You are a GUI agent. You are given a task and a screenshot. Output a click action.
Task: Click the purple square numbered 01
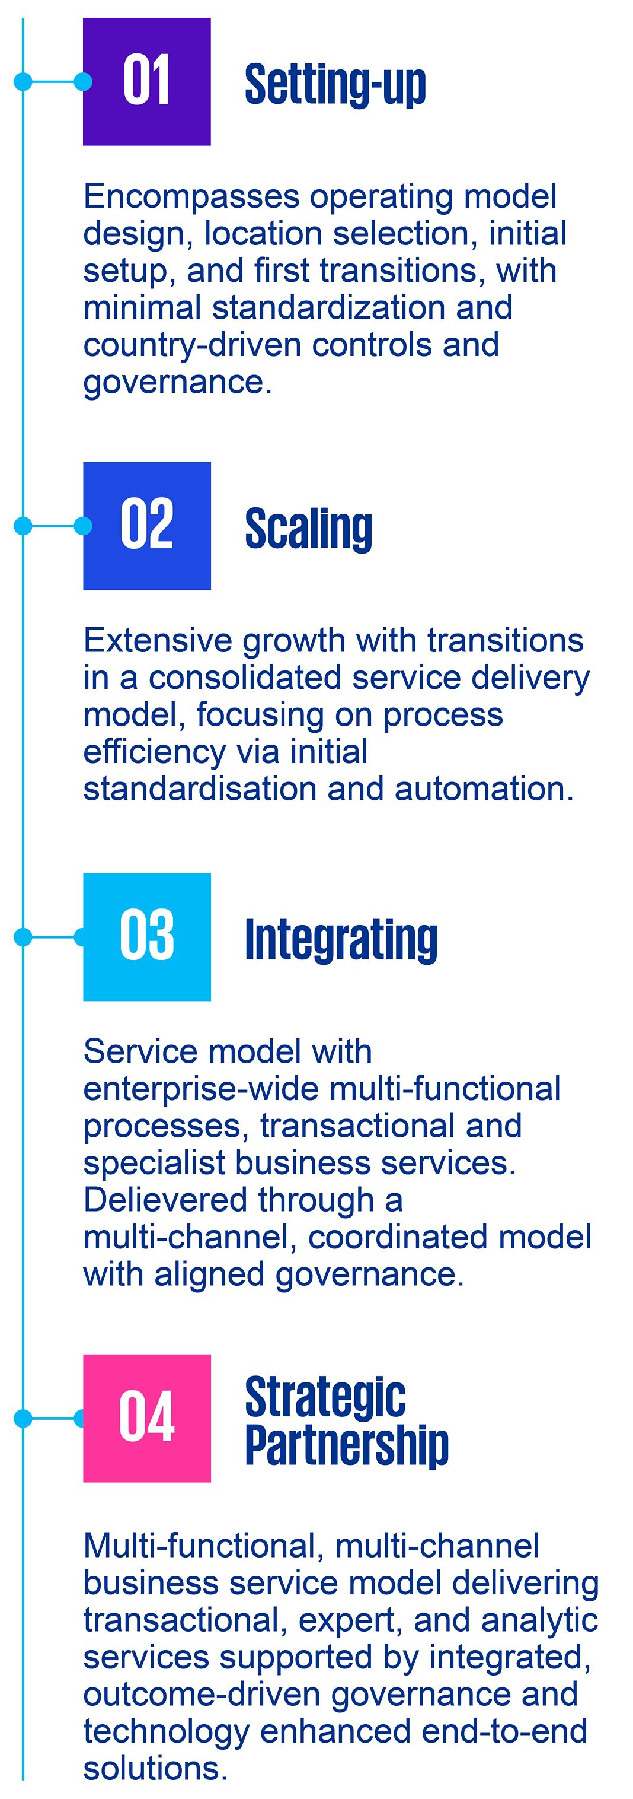(146, 82)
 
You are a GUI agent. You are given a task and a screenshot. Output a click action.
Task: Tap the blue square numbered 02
(146, 525)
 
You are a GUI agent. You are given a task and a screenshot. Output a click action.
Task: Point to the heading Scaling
(308, 529)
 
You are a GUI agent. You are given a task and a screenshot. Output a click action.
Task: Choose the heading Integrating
(341, 940)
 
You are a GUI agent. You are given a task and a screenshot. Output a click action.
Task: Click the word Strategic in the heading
(325, 1398)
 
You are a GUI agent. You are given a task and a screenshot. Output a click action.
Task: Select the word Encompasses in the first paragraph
(192, 197)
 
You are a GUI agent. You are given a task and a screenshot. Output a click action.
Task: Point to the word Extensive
(158, 640)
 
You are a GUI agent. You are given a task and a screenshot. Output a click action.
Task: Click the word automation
(484, 789)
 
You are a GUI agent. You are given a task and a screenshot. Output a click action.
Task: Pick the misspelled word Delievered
(165, 1200)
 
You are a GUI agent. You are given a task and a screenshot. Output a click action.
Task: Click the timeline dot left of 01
(23, 82)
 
